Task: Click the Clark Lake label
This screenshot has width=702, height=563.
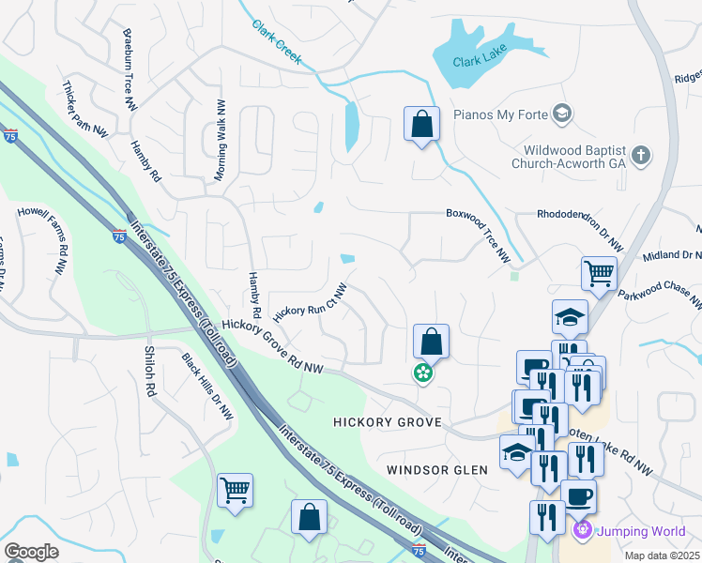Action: coord(480,61)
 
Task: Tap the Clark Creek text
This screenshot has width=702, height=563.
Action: coord(277,41)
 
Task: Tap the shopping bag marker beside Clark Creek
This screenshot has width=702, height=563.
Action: coord(421,124)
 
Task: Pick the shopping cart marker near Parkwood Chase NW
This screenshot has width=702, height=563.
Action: coord(599,273)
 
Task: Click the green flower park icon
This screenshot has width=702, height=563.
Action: coord(423,373)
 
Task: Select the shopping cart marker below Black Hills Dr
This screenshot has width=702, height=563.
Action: coord(235,490)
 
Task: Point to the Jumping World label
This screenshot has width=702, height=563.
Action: coord(643,531)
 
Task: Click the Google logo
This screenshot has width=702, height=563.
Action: coord(31,552)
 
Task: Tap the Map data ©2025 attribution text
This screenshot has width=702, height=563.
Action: coord(661,556)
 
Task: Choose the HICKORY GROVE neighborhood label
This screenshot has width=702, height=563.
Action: coord(387,423)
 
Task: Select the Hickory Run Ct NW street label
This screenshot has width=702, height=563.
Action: coord(311,301)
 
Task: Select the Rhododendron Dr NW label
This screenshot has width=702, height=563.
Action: coord(578,227)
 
